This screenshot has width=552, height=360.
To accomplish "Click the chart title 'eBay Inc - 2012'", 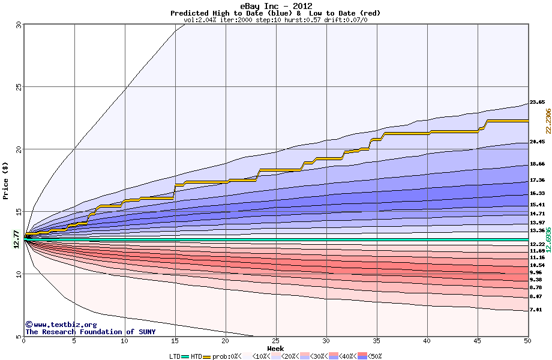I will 275,6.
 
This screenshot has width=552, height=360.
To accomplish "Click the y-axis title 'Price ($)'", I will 5,181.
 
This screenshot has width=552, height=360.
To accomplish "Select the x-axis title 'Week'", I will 275,348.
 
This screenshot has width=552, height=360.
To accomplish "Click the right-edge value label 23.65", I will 537,103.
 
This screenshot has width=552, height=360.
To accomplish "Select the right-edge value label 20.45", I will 537,142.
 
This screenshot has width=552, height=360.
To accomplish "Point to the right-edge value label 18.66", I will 537,164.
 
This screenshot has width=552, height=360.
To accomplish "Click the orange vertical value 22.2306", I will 548,121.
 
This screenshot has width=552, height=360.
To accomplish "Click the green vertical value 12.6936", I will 548,240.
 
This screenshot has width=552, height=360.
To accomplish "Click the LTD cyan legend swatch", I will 185,356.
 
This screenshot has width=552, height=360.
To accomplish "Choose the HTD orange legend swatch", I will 208,356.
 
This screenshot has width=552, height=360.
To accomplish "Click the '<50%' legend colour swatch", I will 363,356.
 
